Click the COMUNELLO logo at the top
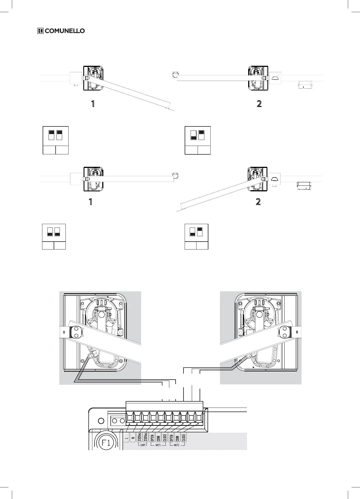(x=61, y=31)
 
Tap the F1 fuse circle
(x=106, y=443)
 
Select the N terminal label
(x=133, y=438)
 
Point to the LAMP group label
(x=143, y=445)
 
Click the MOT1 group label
(x=158, y=445)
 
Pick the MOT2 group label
(x=177, y=445)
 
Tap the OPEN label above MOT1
(x=152, y=438)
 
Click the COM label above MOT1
(x=158, y=438)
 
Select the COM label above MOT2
(x=177, y=438)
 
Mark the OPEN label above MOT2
(x=171, y=438)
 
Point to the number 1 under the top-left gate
(x=92, y=104)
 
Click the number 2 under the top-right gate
(x=259, y=104)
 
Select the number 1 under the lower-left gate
(x=90, y=202)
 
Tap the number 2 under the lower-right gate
(x=258, y=202)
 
